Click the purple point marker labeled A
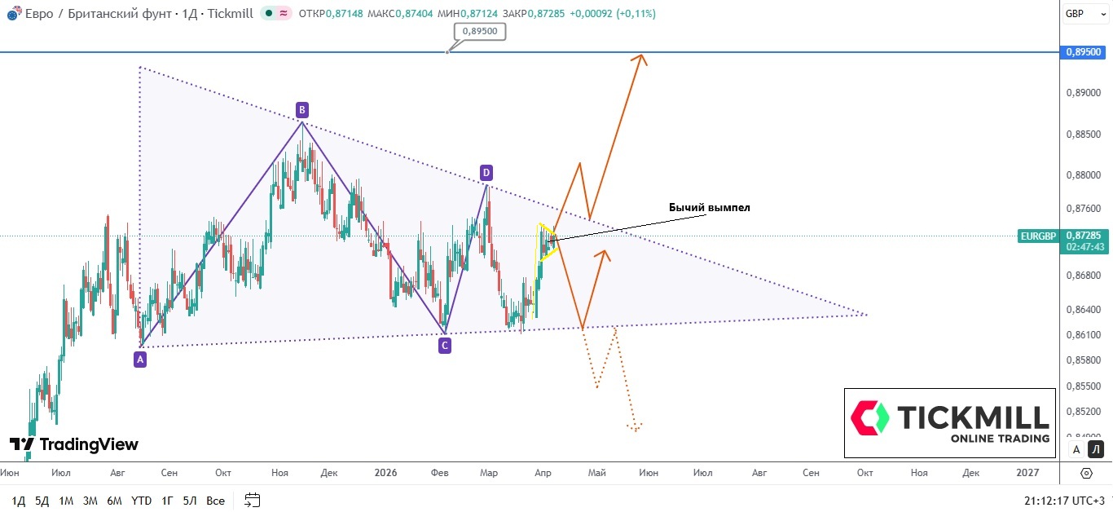[140, 358]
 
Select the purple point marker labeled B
[301, 109]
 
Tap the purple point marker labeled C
[445, 346]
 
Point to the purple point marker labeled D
[486, 172]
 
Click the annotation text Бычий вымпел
[709, 208]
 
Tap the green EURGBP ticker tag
[1038, 236]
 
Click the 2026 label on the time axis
[385, 473]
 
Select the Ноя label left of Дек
[279, 473]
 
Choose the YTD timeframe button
[141, 501]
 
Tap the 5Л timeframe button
[190, 501]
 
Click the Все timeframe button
[215, 501]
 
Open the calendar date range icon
[252, 500]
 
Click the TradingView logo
[74, 444]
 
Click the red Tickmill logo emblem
[870, 417]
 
